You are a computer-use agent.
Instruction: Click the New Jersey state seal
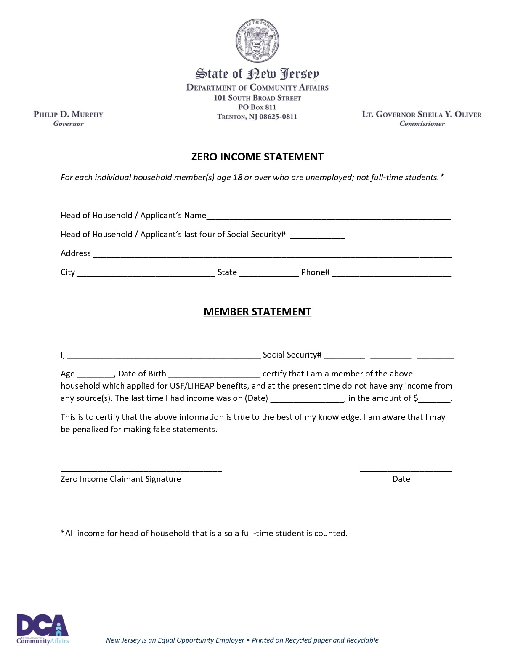point(257,41)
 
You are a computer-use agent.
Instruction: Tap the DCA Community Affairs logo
point(42,629)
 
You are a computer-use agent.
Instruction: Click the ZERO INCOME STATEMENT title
point(257,157)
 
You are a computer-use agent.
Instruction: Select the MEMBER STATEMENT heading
point(257,312)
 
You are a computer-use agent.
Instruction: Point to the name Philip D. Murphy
point(68,114)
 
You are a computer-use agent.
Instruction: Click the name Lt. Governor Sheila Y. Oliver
point(422,114)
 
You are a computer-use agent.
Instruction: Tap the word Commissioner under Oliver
point(422,124)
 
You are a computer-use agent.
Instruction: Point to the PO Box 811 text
point(257,107)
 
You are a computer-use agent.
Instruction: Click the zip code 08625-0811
point(278,117)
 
